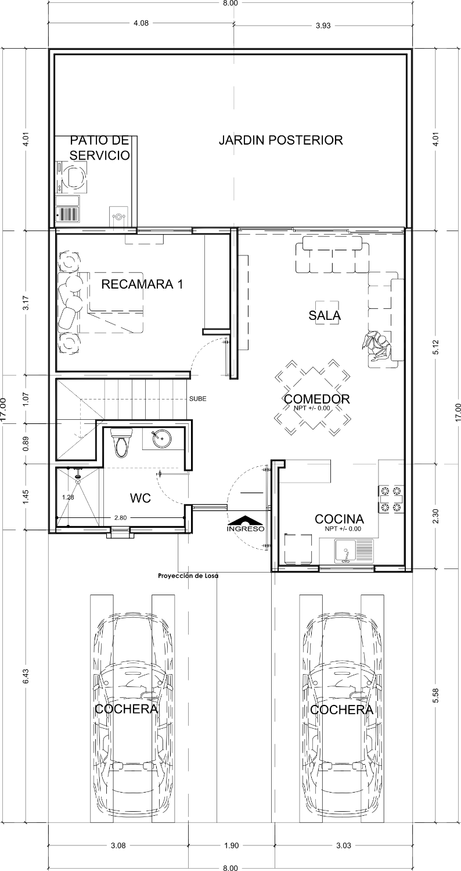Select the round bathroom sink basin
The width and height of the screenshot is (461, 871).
161,440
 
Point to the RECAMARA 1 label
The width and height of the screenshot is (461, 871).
142,285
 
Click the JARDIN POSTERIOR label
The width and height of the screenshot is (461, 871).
280,140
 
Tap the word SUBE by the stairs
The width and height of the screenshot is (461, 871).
198,398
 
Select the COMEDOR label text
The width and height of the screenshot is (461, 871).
317,399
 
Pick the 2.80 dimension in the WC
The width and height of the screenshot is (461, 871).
121,517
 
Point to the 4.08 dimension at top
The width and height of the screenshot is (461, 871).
141,23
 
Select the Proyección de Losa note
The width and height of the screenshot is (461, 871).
188,576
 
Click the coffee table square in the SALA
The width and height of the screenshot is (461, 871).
326,313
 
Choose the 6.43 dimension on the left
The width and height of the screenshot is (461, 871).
26,676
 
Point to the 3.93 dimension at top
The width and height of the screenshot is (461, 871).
323,26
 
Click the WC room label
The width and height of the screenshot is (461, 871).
141,498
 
